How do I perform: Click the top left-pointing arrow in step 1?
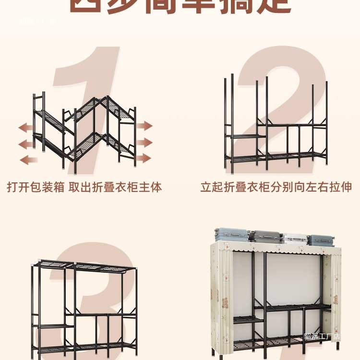[x=26, y=127]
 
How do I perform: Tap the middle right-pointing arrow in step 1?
[x=144, y=142]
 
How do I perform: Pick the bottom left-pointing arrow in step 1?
[x=28, y=160]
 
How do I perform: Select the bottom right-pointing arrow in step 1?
[x=144, y=158]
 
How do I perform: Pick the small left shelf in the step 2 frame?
[x=246, y=136]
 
